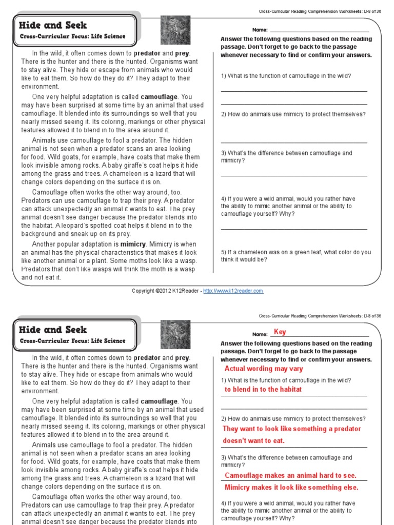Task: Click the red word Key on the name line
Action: (x=280, y=332)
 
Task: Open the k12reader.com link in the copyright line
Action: (x=233, y=291)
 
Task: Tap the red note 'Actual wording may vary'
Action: (x=264, y=369)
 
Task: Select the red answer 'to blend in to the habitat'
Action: (x=263, y=389)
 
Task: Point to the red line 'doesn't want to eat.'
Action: (x=253, y=440)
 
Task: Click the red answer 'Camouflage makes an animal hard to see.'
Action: (x=290, y=475)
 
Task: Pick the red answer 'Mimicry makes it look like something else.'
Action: (x=291, y=487)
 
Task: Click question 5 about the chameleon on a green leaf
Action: (x=295, y=256)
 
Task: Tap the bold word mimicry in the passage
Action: (x=133, y=245)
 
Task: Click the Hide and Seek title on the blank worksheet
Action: (x=53, y=25)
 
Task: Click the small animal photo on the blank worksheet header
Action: (x=169, y=30)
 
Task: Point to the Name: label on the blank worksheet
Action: (x=260, y=30)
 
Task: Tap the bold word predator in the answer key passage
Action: (x=147, y=358)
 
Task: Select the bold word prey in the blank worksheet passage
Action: (x=182, y=53)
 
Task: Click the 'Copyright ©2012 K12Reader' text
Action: (x=164, y=291)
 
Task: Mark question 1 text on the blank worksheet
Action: (x=286, y=76)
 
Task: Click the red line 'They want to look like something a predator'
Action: (x=291, y=429)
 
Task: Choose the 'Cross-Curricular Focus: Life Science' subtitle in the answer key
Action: (x=72, y=341)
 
